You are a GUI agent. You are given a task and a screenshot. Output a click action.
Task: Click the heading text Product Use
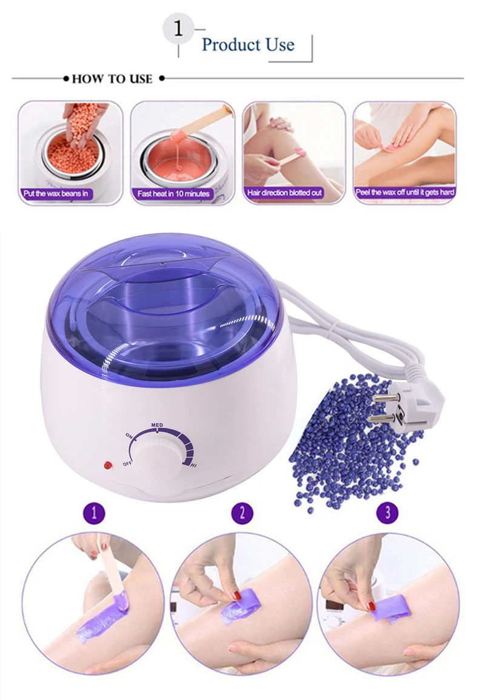point(247,45)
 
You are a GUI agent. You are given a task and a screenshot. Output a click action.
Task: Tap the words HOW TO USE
point(112,79)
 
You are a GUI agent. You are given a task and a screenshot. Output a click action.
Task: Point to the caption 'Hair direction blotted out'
point(285,193)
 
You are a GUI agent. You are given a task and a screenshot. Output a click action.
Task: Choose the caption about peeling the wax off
point(405,193)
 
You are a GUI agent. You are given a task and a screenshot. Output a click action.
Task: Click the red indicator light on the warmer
point(108,466)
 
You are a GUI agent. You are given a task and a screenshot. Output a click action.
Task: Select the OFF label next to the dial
point(127,464)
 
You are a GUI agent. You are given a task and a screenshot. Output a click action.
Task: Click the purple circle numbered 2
point(242,513)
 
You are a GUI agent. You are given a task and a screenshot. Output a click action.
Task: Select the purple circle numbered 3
point(388,513)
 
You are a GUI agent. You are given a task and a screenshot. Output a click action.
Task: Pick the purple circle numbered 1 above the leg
point(93,513)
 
